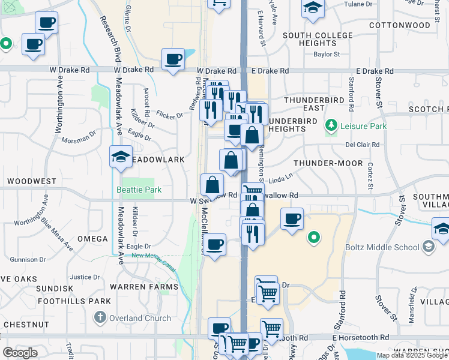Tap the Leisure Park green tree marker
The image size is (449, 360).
[x=330, y=126]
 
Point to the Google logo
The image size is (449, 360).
[x=20, y=353]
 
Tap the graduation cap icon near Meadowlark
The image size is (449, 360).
[x=121, y=157]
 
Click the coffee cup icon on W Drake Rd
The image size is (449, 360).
[x=173, y=59]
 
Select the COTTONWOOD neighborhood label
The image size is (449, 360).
[x=399, y=25]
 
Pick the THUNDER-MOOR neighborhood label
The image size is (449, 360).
[x=328, y=163]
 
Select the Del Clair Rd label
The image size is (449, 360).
[x=362, y=145]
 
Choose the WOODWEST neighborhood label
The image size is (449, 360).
[x=32, y=181]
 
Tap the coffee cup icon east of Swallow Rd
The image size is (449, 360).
[x=292, y=219]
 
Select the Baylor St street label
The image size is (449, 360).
[x=327, y=54]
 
